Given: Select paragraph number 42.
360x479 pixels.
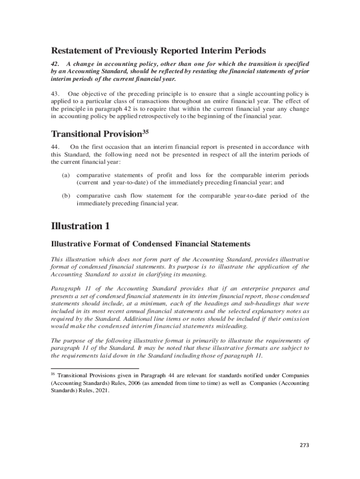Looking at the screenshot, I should click(x=55, y=64).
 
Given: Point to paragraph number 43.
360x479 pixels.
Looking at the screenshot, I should click(x=55, y=94).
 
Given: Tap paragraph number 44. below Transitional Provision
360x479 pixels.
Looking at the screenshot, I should click(x=55, y=146).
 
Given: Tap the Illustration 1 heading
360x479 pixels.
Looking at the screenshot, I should click(x=80, y=226).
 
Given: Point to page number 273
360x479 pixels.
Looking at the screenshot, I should click(x=304, y=445).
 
